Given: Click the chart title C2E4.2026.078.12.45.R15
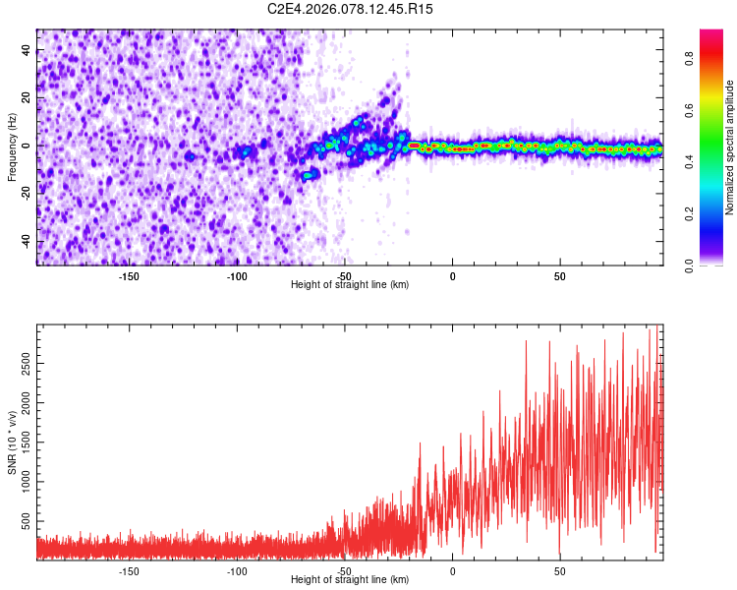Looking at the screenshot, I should click(x=351, y=9).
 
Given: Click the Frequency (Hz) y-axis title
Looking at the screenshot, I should click(x=12, y=147).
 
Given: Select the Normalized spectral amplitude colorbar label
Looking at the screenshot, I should click(x=730, y=147).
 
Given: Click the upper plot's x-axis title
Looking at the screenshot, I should click(x=350, y=285).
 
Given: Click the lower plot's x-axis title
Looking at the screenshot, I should click(x=350, y=580).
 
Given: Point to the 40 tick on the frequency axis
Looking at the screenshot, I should click(x=26, y=51).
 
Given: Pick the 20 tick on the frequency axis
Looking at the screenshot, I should click(x=26, y=99).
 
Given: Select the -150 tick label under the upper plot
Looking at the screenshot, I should click(x=129, y=276).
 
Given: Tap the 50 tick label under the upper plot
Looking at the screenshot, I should click(x=558, y=276).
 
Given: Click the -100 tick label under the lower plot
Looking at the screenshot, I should click(x=237, y=571).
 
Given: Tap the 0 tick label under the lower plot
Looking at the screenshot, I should click(x=452, y=571).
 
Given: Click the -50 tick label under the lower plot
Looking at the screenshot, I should click(x=344, y=571).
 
